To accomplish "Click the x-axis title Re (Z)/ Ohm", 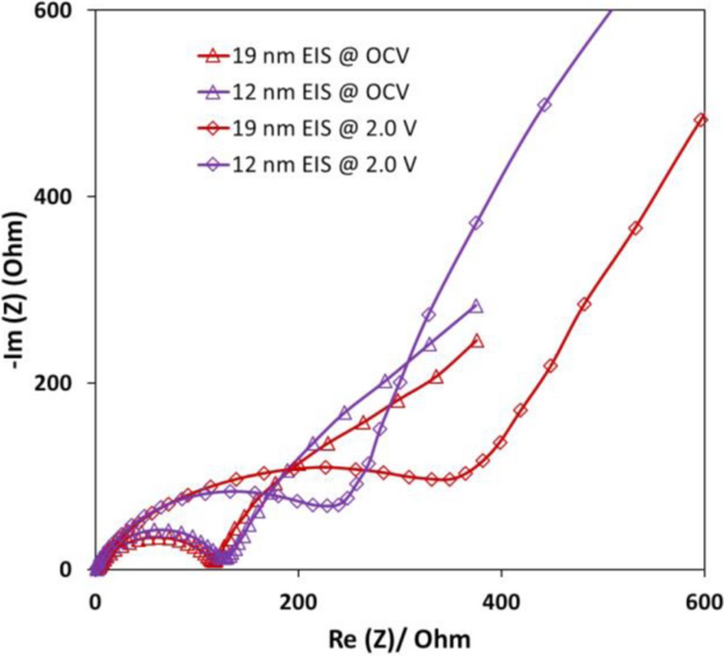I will tap(399, 639).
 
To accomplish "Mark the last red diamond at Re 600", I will tap(700, 120).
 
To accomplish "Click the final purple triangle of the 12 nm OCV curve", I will tap(476, 307).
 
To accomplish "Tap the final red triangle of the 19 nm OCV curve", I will tap(477, 341).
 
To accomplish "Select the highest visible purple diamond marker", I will tap(544, 105).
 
